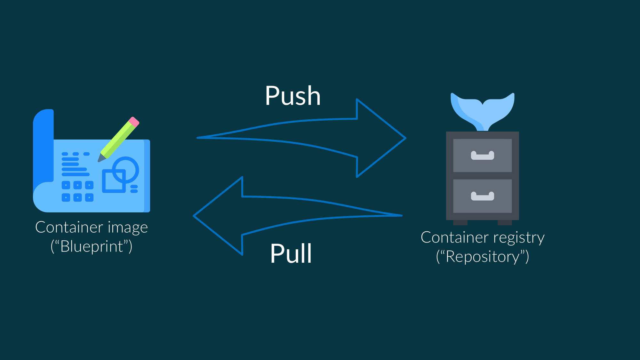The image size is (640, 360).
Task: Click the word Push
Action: coord(292,96)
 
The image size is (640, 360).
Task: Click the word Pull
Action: coord(291,253)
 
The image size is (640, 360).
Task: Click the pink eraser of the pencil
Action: coord(134,122)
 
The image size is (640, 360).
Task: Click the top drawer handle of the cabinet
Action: coord(482,156)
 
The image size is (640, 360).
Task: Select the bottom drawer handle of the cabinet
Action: coord(482,196)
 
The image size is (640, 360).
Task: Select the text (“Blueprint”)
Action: coord(92,246)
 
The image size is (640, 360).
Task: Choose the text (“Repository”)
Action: coord(482,257)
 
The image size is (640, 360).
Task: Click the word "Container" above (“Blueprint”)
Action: coord(69,228)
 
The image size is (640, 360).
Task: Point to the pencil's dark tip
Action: coord(100,159)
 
